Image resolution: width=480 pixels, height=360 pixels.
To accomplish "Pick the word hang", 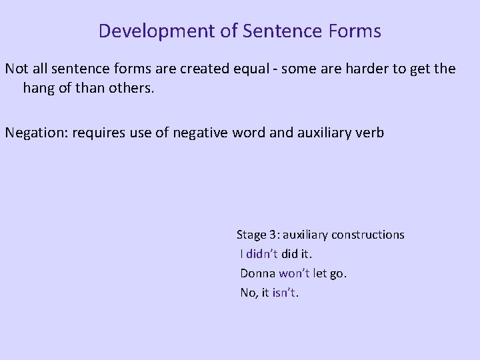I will click(39, 88).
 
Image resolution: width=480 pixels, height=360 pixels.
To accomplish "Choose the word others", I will click(131, 88).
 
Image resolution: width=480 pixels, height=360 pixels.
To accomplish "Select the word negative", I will click(199, 132).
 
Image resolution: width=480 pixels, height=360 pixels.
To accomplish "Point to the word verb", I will click(370, 132).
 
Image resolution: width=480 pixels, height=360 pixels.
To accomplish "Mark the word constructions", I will click(369, 235).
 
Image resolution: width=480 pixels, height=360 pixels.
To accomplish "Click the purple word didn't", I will click(262, 254).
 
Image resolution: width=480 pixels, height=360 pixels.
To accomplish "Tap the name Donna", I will click(257, 273).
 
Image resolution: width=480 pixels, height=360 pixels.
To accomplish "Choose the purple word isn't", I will click(285, 292).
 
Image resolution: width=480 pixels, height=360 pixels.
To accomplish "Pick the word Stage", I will click(252, 235).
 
